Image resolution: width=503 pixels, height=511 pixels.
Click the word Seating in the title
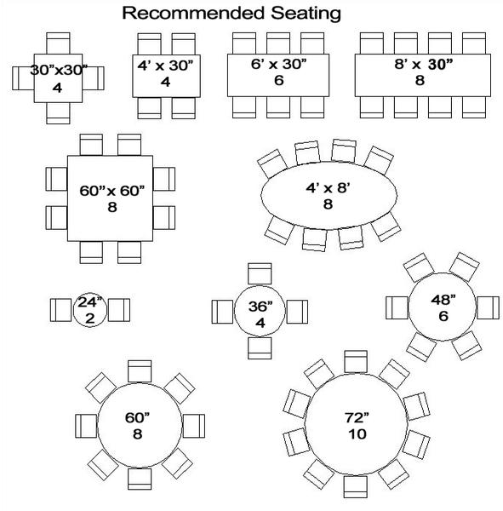click(306, 14)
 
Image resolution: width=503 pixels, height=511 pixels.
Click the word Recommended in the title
click(193, 13)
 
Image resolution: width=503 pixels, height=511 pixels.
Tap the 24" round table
click(90, 310)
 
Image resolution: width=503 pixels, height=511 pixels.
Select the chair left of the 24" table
click(61, 310)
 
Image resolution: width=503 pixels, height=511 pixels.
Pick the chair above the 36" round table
click(260, 273)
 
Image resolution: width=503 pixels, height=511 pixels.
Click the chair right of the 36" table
click(297, 312)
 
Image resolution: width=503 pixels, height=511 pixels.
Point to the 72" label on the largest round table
click(357, 417)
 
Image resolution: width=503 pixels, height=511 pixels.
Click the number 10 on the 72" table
click(357, 433)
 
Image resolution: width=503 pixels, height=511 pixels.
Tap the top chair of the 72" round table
click(356, 361)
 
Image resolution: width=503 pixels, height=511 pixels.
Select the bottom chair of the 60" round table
click(140, 479)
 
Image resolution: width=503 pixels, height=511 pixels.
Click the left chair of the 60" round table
click(86, 426)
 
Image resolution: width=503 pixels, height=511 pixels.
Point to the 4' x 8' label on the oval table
click(328, 188)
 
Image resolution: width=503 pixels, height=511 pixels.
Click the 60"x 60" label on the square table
click(111, 191)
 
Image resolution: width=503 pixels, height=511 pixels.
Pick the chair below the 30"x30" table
click(58, 113)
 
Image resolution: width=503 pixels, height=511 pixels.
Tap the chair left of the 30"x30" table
click(23, 78)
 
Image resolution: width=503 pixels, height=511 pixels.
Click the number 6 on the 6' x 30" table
click(279, 80)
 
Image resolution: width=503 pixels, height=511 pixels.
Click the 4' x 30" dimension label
click(165, 66)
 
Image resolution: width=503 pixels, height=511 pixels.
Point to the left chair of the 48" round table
click(397, 307)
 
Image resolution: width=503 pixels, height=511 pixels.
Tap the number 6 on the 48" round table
click(443, 316)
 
